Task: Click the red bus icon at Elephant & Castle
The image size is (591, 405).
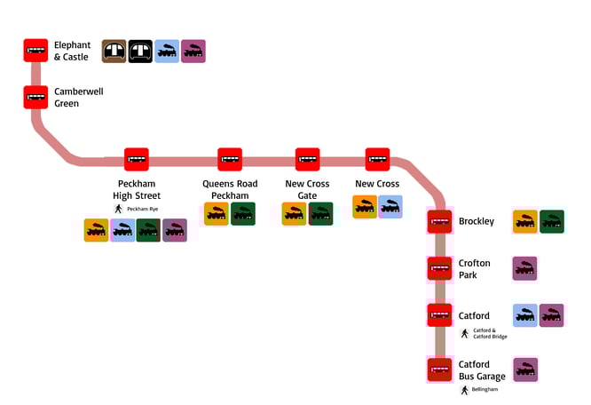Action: (x=35, y=51)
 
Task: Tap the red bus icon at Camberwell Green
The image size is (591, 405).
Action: (x=35, y=97)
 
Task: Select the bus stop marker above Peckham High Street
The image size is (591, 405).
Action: (x=136, y=160)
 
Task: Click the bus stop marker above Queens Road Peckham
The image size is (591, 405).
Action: (x=230, y=160)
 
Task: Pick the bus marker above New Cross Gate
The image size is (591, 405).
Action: (x=308, y=160)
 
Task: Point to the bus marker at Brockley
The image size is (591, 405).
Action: (x=439, y=221)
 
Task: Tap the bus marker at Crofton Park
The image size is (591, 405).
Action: (x=439, y=268)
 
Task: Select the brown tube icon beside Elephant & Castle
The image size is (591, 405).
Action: (x=114, y=52)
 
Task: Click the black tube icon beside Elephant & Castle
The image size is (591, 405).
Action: (x=141, y=52)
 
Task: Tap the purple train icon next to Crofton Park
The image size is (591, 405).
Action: (x=525, y=268)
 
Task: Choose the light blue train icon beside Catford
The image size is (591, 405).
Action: (x=525, y=315)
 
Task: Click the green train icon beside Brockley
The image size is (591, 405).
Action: (x=552, y=221)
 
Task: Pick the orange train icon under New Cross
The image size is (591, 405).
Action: (x=364, y=207)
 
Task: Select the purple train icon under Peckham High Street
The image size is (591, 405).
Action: (x=175, y=231)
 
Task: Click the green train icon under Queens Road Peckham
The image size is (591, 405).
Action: (x=243, y=214)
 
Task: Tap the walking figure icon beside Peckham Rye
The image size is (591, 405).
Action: (x=117, y=209)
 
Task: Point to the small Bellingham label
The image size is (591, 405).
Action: (x=485, y=389)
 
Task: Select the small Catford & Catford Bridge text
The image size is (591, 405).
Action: (x=490, y=333)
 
